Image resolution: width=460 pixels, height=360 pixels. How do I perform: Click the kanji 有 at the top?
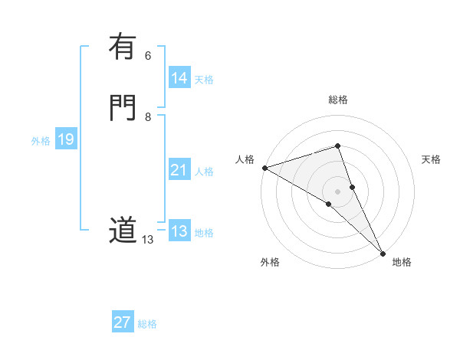point(123,47)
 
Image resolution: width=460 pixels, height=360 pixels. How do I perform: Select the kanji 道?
point(123,231)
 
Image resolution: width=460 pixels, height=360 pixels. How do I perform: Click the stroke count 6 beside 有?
point(148,56)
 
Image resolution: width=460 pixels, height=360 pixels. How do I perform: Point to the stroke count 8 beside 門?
point(148,117)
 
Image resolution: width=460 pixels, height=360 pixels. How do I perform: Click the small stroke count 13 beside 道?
point(147,240)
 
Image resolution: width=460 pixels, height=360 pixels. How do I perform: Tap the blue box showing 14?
point(179,78)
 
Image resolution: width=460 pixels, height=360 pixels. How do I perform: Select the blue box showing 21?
point(179,170)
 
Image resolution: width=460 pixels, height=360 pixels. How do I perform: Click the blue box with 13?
point(179,231)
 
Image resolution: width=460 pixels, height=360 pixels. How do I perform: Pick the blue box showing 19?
point(66,139)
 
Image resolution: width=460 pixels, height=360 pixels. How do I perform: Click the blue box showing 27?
point(123,322)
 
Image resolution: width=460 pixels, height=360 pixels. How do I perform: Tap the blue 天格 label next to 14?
point(204,80)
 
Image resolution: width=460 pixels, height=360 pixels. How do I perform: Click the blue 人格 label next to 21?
point(204,172)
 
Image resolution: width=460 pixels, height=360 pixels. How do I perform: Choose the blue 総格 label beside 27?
point(147,324)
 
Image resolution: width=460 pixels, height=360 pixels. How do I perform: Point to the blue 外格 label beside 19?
point(41,141)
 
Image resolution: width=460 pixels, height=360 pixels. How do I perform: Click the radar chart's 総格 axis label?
point(338,100)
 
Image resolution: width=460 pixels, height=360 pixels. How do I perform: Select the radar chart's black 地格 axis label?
point(402,262)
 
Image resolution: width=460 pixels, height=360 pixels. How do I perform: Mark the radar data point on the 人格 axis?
point(264,167)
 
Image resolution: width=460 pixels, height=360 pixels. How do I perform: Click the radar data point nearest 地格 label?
point(383,252)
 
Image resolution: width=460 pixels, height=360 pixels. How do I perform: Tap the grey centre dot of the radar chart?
point(338,191)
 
